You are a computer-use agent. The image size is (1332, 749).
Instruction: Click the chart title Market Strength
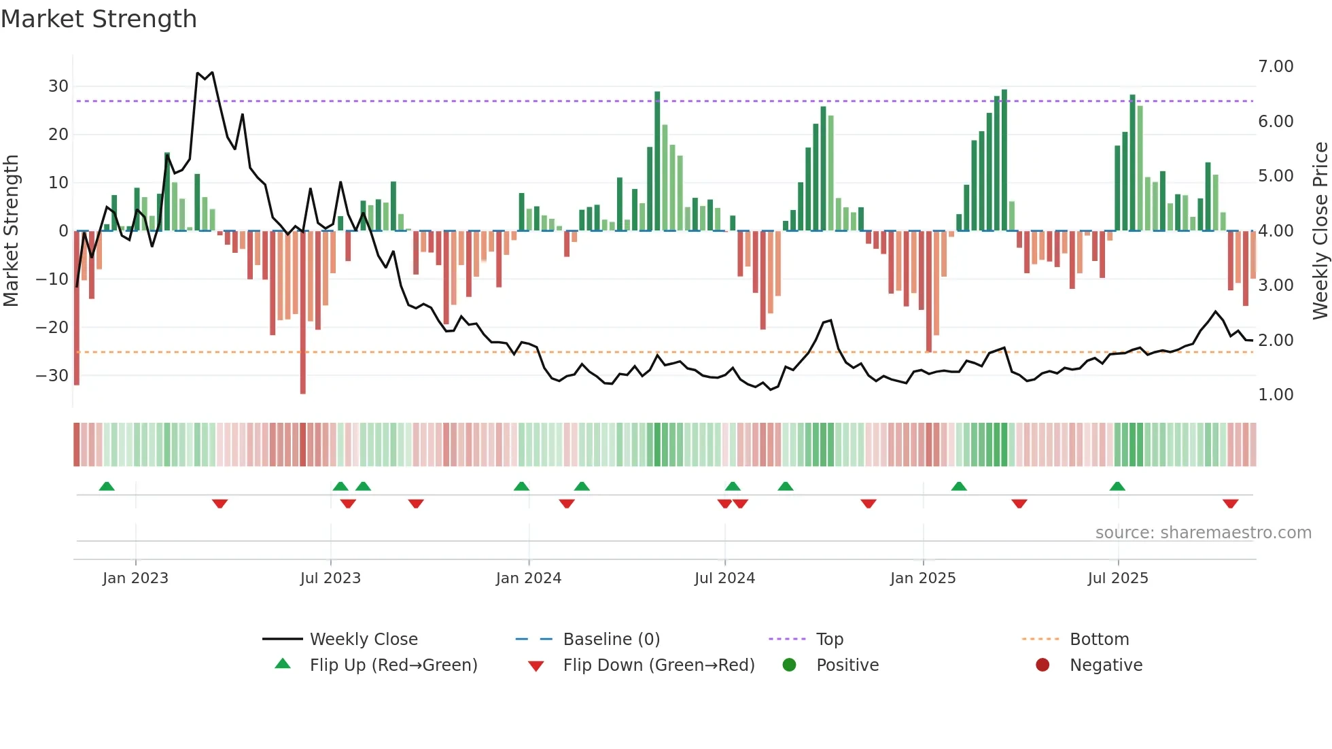(99, 19)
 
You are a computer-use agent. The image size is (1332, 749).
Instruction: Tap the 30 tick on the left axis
(58, 86)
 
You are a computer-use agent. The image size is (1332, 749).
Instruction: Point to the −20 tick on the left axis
(53, 327)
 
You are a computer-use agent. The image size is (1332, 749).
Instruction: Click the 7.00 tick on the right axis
(1276, 67)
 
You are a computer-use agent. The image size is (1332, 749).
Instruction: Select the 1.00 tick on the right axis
(1276, 395)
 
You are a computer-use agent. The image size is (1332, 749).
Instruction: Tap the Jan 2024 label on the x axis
(529, 578)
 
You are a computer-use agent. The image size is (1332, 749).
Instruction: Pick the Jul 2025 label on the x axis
(1118, 578)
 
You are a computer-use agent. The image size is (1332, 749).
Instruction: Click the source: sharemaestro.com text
(1203, 533)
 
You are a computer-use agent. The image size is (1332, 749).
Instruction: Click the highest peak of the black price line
(198, 73)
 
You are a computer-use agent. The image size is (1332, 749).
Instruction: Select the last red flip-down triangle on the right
(1230, 504)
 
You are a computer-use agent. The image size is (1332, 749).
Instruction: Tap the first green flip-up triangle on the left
(107, 486)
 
